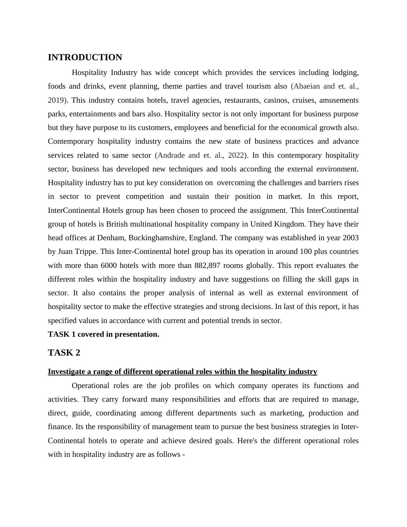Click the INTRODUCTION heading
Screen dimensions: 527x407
pyautogui.click(x=85, y=57)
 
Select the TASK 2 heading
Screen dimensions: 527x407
pyautogui.click(x=64, y=353)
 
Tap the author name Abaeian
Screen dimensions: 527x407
pyautogui.click(x=306, y=86)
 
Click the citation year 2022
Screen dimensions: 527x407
pyautogui.click(x=236, y=155)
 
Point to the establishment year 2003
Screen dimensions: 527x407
pyautogui.click(x=350, y=238)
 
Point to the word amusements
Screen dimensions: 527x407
pyautogui.click(x=339, y=100)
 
